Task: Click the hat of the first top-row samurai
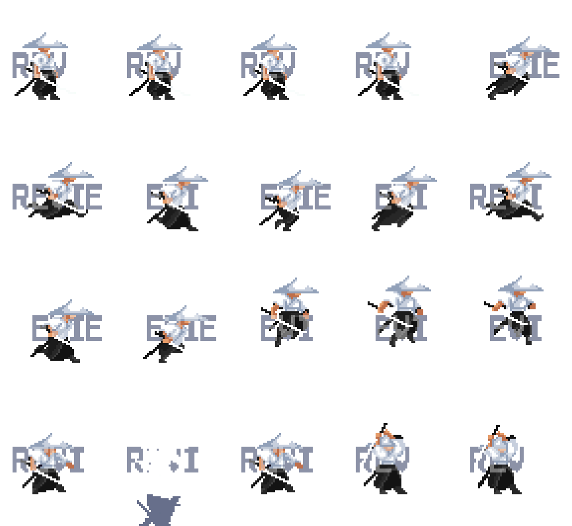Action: click(45, 42)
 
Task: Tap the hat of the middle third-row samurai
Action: click(296, 287)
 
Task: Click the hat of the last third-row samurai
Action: click(521, 286)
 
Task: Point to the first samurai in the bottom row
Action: click(50, 463)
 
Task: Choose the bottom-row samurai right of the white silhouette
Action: click(278, 463)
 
